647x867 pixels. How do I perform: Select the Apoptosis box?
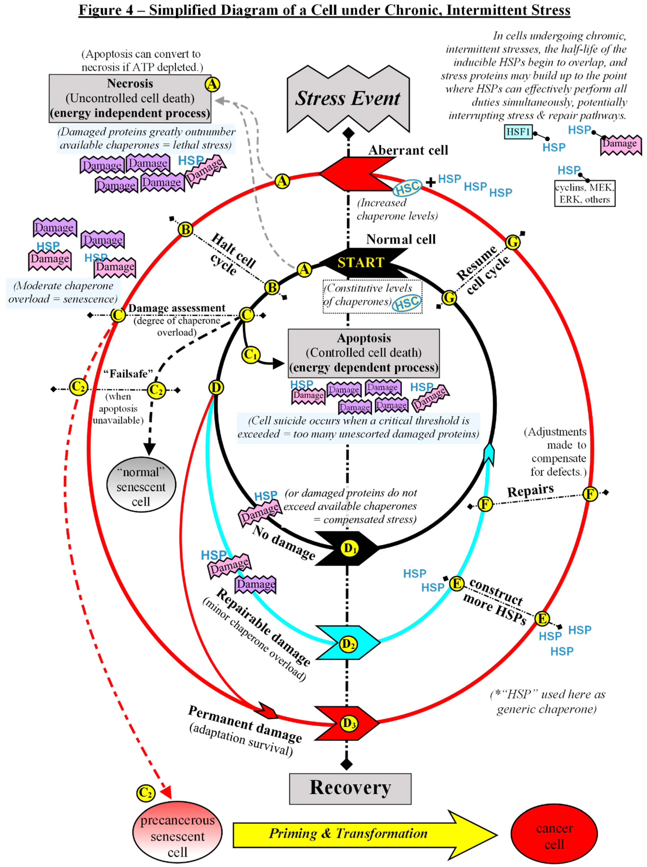point(364,353)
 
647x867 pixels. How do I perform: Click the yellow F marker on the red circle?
point(590,494)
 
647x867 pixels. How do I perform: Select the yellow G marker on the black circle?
point(449,298)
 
